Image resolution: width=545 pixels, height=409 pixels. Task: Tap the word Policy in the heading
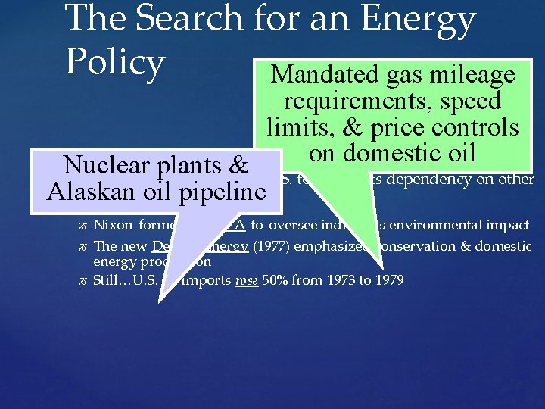click(x=114, y=63)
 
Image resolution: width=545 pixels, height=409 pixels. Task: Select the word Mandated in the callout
click(x=324, y=74)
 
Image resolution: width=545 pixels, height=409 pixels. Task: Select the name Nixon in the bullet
click(x=112, y=225)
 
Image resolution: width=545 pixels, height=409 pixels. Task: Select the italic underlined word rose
click(x=248, y=281)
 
